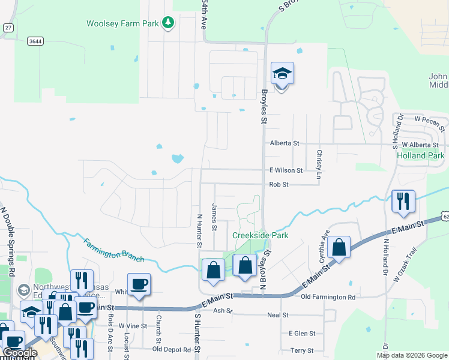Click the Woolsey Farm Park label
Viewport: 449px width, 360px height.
coord(122,23)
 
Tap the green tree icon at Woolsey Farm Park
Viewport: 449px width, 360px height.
coord(169,23)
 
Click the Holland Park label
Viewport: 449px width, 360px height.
coord(420,155)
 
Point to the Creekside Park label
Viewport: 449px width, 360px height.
coord(261,235)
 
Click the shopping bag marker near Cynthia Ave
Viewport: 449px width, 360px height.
coord(339,248)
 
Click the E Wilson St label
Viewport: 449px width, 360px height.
coord(286,170)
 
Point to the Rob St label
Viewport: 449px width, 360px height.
coord(279,185)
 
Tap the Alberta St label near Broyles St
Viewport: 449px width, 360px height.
coord(285,143)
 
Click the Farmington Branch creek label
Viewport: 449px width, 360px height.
coord(113,250)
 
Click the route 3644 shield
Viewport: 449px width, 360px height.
coord(35,41)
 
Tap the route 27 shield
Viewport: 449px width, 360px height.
coord(7,28)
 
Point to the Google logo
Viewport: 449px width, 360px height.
coord(20,353)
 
